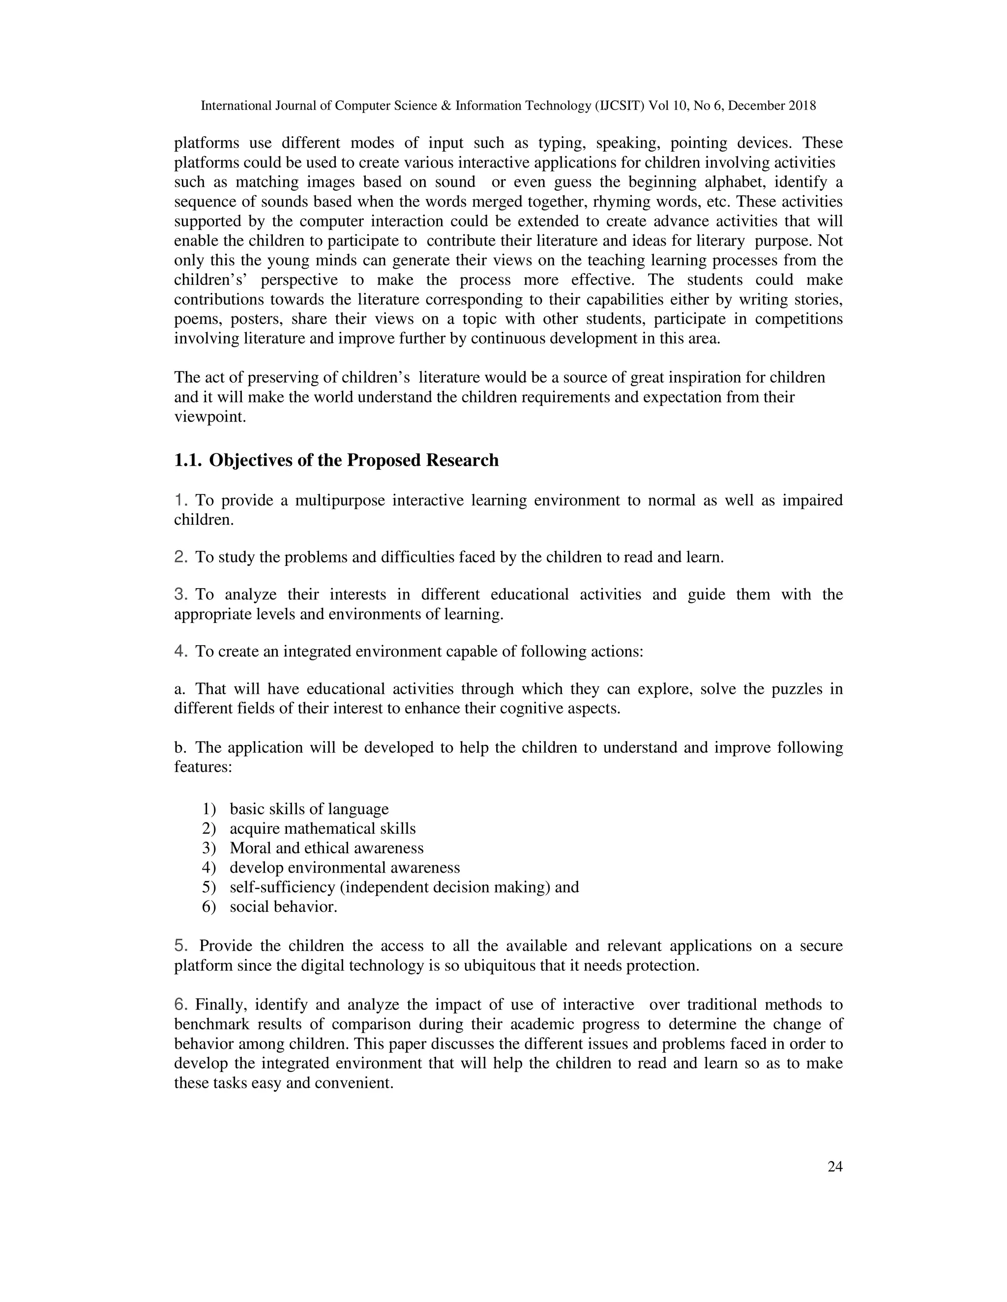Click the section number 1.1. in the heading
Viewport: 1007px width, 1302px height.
click(187, 461)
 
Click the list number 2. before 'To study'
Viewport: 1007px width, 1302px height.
click(181, 558)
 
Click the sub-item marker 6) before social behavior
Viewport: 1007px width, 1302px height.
click(209, 907)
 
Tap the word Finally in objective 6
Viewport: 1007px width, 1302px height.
click(221, 1005)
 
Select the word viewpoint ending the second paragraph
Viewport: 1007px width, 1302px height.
click(209, 417)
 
